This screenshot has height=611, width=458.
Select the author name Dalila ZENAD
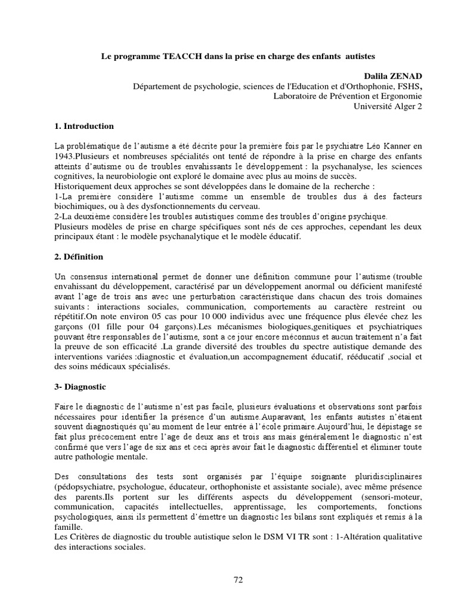click(x=393, y=76)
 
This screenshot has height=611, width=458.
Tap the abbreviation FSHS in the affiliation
click(x=408, y=87)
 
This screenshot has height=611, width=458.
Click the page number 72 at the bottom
click(x=238, y=579)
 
